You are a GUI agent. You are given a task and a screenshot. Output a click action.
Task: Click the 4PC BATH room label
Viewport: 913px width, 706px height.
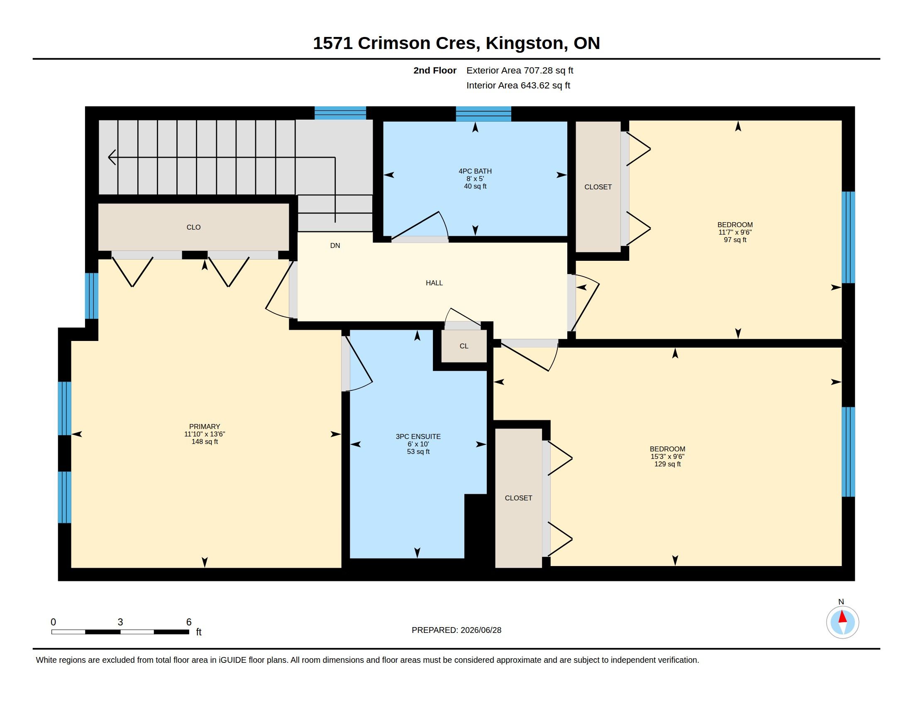pos(475,171)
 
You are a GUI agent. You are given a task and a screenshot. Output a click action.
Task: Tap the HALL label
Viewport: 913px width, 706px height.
pos(434,283)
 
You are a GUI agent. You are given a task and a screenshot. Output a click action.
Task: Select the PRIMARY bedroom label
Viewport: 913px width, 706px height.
pos(205,427)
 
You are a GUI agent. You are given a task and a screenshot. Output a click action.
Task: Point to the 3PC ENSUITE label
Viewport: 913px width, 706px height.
pos(418,436)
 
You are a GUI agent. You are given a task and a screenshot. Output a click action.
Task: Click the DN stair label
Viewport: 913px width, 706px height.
pos(335,245)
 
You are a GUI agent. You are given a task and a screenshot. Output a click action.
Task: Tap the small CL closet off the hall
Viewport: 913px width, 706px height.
pos(464,346)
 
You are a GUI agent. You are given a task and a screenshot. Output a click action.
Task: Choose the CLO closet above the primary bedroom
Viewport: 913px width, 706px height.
pos(193,227)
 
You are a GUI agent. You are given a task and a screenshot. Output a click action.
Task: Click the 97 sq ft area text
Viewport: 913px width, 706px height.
pos(735,240)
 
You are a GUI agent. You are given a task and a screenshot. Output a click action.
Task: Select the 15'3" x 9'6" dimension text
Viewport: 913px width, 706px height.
pos(667,457)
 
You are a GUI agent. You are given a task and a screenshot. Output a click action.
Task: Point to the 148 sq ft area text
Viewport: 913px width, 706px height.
pos(205,442)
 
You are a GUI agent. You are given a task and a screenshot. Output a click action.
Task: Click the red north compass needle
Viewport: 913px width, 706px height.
pos(842,617)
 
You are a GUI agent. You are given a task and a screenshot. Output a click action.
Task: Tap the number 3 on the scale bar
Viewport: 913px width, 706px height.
pos(120,622)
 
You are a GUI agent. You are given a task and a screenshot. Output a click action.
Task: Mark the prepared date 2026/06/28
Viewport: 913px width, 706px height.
pos(481,630)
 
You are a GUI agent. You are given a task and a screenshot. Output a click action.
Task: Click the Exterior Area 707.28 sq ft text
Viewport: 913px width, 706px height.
pos(520,70)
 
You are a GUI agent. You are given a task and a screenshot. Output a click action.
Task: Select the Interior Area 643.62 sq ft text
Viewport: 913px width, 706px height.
pos(518,85)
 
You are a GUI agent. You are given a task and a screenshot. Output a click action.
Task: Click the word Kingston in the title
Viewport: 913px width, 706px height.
pos(524,43)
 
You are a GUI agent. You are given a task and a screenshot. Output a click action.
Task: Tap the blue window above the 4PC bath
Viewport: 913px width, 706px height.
pos(483,114)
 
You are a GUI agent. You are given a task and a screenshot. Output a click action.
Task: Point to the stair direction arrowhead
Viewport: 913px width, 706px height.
pos(112,157)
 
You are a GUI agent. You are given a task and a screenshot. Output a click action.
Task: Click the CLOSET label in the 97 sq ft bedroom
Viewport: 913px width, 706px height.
pos(598,187)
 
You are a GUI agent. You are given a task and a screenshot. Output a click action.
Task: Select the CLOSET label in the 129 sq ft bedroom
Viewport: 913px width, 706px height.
pos(518,498)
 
